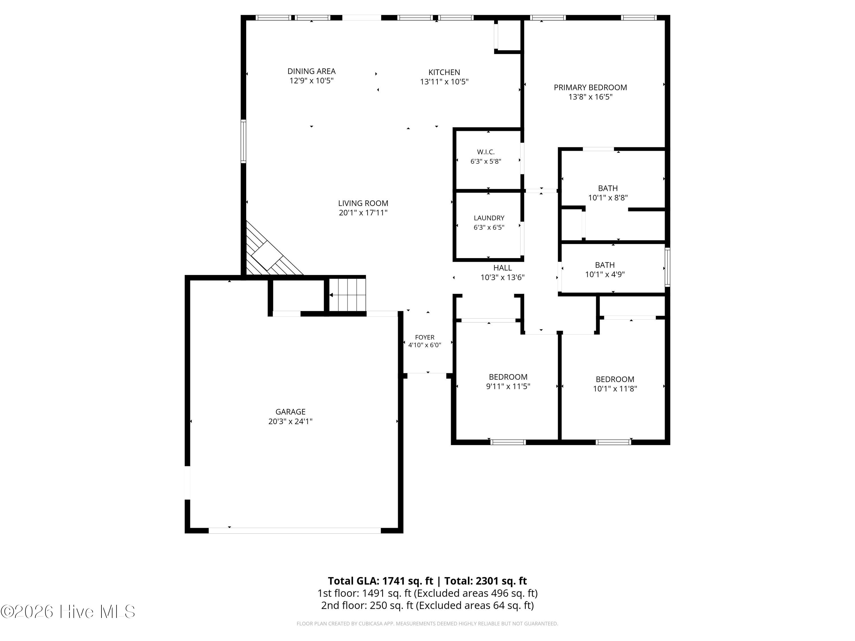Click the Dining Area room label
pyautogui.click(x=311, y=71)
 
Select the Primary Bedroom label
pyautogui.click(x=590, y=87)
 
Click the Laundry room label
pyautogui.click(x=489, y=218)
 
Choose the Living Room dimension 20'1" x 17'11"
pyautogui.click(x=363, y=213)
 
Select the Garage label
pyautogui.click(x=290, y=412)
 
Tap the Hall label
pyautogui.click(x=502, y=268)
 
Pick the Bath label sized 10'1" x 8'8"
pyautogui.click(x=608, y=188)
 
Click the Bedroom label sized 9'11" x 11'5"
pyautogui.click(x=508, y=377)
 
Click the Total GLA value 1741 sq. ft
pyautogui.click(x=408, y=581)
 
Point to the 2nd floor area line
pyautogui.click(x=427, y=605)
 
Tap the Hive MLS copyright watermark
pyautogui.click(x=68, y=612)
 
